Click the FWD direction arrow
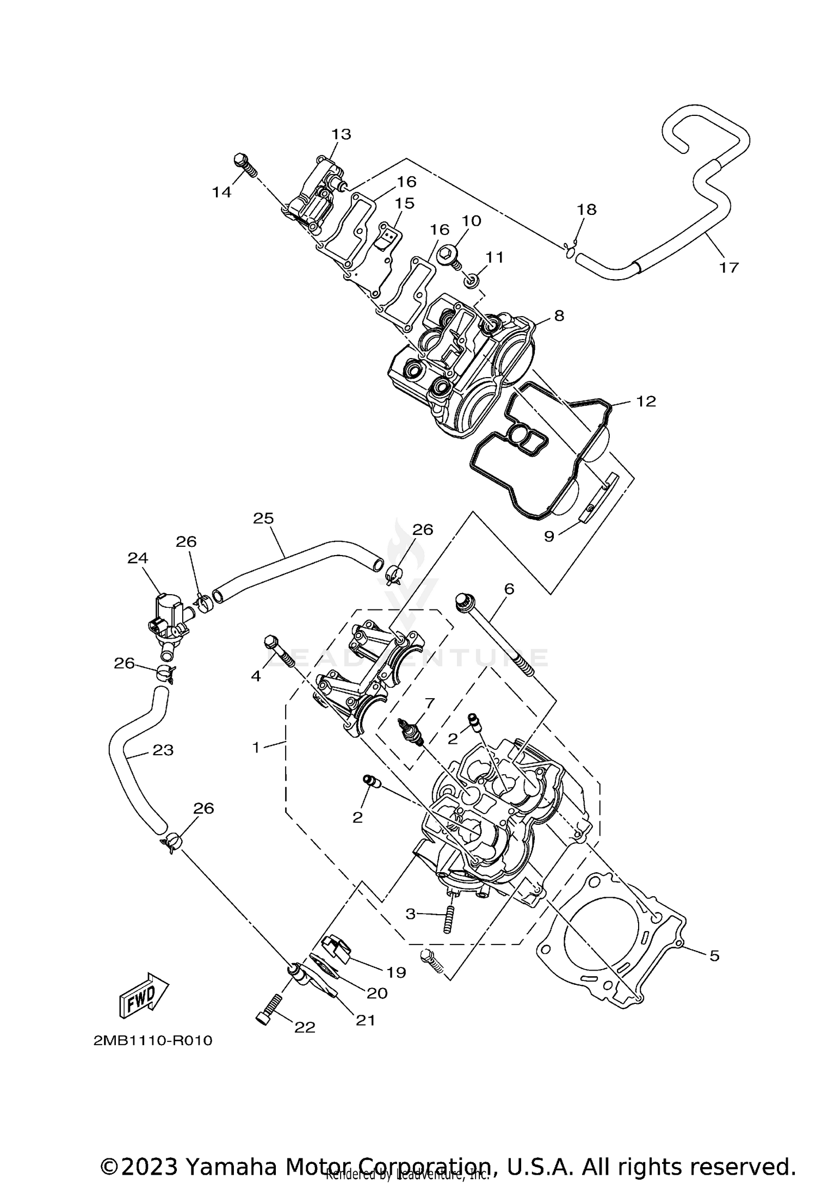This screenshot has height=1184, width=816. (x=143, y=995)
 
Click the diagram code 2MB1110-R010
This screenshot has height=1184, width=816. (x=153, y=1040)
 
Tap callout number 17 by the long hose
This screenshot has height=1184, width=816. (x=729, y=267)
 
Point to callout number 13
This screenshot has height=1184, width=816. (x=342, y=134)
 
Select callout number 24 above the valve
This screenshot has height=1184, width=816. (x=138, y=558)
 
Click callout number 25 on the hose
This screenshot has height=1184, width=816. (x=263, y=519)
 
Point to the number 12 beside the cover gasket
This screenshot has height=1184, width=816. (x=646, y=402)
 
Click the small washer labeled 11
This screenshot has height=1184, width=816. (x=472, y=281)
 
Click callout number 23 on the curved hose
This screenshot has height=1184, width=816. (x=163, y=750)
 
